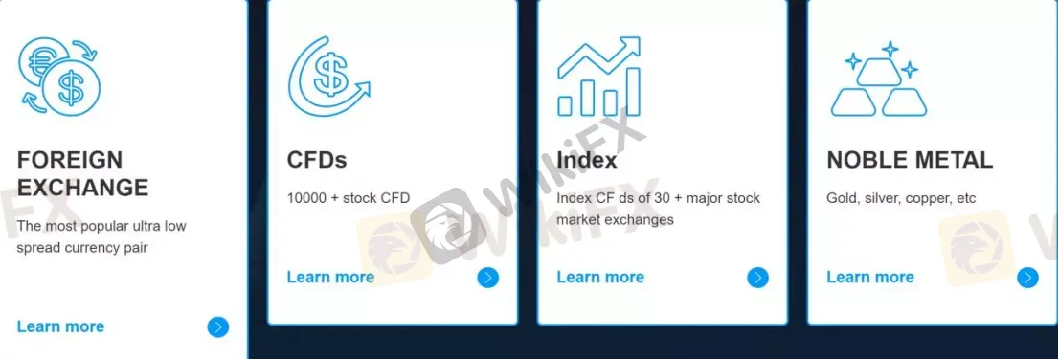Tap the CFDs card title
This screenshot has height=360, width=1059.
pyautogui.click(x=317, y=160)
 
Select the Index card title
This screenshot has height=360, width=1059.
pyautogui.click(x=587, y=160)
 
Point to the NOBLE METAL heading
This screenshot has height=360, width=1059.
pyautogui.click(x=910, y=160)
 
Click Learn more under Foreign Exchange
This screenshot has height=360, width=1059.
pyautogui.click(x=60, y=326)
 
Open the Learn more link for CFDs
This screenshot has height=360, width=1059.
pyautogui.click(x=330, y=278)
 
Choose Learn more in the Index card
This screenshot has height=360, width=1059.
pyautogui.click(x=600, y=278)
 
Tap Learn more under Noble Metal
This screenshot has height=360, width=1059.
pyautogui.click(x=870, y=278)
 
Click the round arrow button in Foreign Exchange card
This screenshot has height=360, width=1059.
pyautogui.click(x=218, y=327)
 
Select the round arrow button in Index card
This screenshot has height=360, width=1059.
pyautogui.click(x=757, y=279)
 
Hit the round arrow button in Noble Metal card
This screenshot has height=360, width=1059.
pyautogui.click(x=1027, y=279)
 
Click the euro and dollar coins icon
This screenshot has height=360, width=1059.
pyautogui.click(x=59, y=76)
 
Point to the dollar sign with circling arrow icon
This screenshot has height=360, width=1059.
pyautogui.click(x=328, y=78)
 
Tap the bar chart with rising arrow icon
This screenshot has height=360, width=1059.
pyautogui.click(x=599, y=77)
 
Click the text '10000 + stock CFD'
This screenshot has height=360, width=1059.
pyautogui.click(x=349, y=198)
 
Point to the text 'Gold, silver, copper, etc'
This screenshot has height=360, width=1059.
pyautogui.click(x=901, y=198)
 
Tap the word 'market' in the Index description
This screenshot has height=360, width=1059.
pyautogui.click(x=577, y=220)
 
